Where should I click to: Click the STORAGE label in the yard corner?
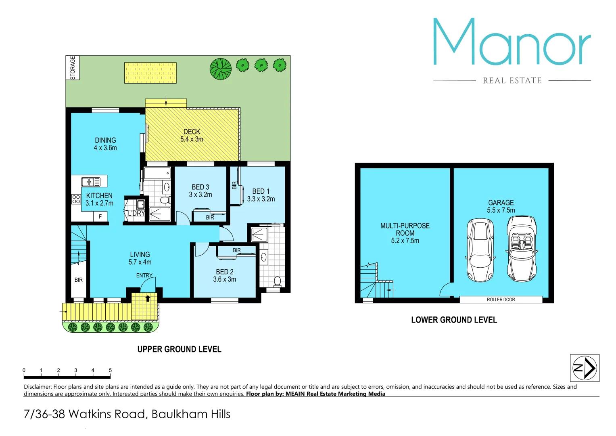click(x=73, y=68)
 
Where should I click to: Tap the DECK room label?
click(x=192, y=132)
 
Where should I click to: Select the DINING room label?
click(x=105, y=140)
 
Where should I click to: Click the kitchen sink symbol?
click(x=91, y=182)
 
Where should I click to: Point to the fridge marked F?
click(x=100, y=217)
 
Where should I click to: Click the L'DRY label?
click(x=136, y=213)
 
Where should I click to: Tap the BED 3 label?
click(x=200, y=187)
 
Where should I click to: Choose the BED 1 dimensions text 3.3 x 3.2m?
click(x=261, y=199)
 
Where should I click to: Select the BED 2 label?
click(x=225, y=272)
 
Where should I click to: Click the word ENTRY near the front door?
click(x=144, y=275)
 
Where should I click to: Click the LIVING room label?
click(x=140, y=255)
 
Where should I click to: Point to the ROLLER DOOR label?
click(x=501, y=300)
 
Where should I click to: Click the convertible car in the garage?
click(x=522, y=248)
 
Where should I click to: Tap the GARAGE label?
click(x=501, y=203)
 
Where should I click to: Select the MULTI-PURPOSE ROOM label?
click(x=405, y=229)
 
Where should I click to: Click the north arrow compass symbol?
click(x=585, y=368)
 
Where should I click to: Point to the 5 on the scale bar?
click(x=110, y=370)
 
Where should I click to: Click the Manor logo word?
click(x=512, y=42)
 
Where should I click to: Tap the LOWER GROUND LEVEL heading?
click(x=454, y=320)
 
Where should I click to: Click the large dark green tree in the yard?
click(x=221, y=69)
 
